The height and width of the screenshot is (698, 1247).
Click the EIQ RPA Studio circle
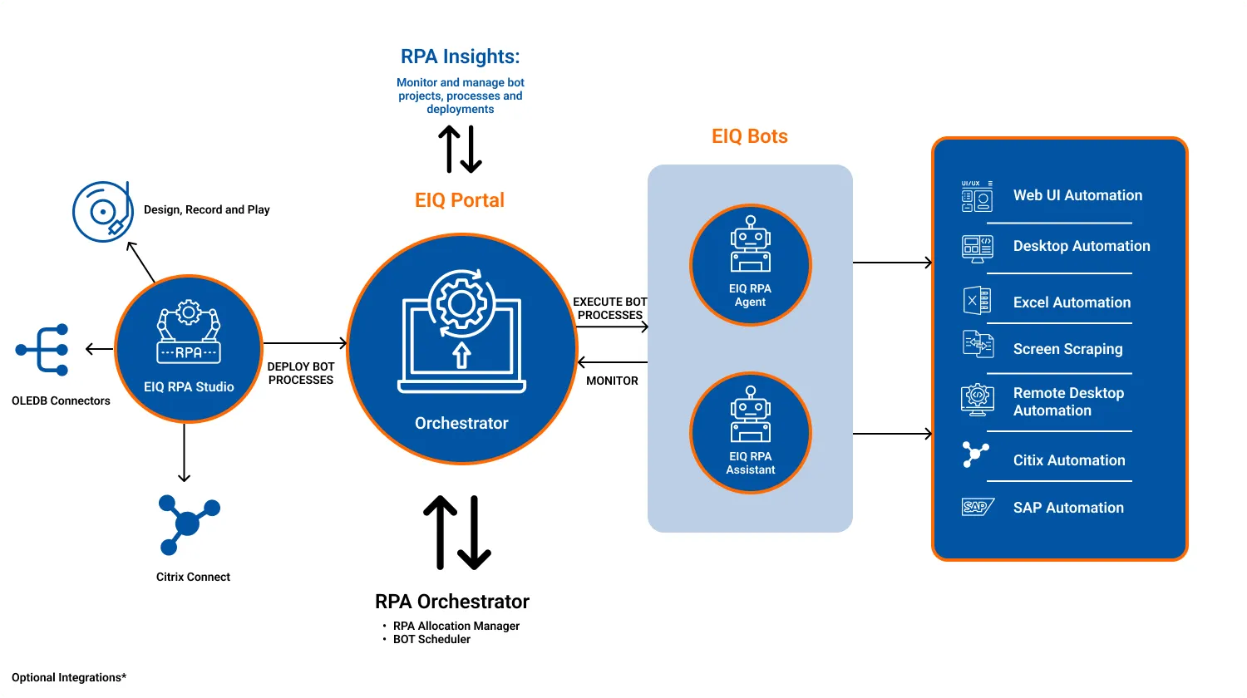tap(189, 349)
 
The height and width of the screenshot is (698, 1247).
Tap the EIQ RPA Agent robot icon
tap(751, 245)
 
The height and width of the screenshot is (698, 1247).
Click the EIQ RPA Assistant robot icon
tap(751, 414)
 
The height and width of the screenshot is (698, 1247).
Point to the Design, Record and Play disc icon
tap(102, 212)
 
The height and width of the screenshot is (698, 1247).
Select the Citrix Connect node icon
tap(189, 524)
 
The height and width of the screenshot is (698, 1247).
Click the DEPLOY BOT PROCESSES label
tap(301, 373)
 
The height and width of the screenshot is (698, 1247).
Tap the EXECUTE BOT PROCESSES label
tap(609, 308)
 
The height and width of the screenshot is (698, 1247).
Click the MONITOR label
tap(612, 381)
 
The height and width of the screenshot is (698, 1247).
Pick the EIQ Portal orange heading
tap(460, 200)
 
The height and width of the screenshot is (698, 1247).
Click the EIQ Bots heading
tap(750, 136)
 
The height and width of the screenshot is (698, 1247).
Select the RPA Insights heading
tap(460, 57)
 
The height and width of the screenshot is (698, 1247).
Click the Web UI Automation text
tap(1077, 195)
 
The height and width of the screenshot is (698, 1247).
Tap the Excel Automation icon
tap(977, 301)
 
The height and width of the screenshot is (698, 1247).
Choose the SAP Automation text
tap(1068, 508)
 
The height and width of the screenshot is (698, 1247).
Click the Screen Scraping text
tap(1067, 349)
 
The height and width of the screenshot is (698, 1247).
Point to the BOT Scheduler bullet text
tap(431, 639)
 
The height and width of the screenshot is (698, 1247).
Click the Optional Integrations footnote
tap(69, 677)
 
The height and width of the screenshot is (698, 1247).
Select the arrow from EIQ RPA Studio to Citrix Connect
tap(185, 453)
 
